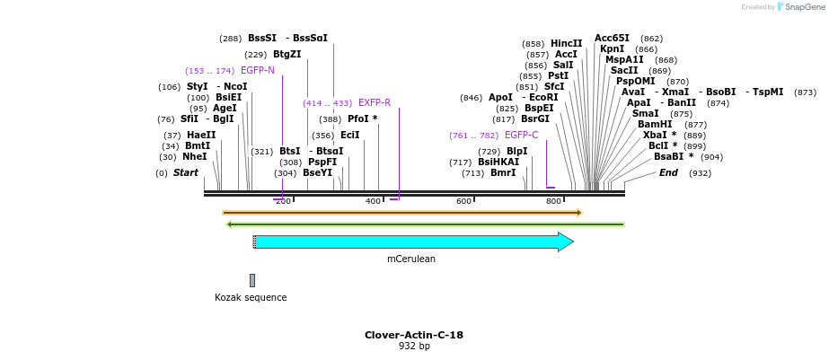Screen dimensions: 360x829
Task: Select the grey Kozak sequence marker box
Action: tap(252, 280)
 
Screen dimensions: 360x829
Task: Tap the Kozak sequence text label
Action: tap(251, 297)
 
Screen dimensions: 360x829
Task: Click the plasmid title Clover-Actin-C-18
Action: tap(414, 335)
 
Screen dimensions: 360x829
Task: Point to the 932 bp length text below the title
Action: tap(414, 347)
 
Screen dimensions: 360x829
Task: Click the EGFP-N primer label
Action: tap(258, 70)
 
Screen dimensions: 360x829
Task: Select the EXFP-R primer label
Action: tap(375, 102)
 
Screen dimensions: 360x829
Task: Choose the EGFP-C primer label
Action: tap(521, 135)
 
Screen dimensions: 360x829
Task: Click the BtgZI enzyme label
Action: tap(287, 54)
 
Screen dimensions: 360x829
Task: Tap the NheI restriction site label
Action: tap(195, 156)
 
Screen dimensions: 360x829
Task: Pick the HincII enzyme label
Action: tap(567, 43)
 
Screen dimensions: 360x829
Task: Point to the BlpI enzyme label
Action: tap(517, 151)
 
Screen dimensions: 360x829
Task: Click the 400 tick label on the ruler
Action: tap(374, 201)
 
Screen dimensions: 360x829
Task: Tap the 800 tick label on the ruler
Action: tap(554, 201)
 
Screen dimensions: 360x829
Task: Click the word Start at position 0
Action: tap(186, 172)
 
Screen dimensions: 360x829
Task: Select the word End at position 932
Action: tap(669, 172)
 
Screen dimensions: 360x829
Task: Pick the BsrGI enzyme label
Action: tap(535, 119)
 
